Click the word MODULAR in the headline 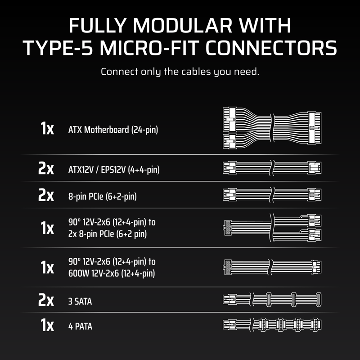(x=183, y=26)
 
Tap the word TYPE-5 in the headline (x=58, y=48)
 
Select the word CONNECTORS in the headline (x=271, y=48)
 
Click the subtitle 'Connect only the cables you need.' (x=180, y=72)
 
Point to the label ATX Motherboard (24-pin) (x=113, y=130)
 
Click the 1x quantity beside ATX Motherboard (x=47, y=128)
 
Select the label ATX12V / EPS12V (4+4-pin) (x=114, y=170)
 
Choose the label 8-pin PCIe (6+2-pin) (x=103, y=197)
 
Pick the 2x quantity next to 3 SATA (x=46, y=300)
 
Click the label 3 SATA (x=80, y=301)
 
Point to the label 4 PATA (x=80, y=326)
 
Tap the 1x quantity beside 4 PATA (x=47, y=325)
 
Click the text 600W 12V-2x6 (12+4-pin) (x=112, y=274)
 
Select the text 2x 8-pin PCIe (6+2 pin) (x=108, y=234)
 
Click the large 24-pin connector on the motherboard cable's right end (x=315, y=128)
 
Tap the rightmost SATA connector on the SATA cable (x=319, y=300)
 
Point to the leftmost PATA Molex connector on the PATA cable (x=263, y=324)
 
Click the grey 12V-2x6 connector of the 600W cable (x=228, y=267)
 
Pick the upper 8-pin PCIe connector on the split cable (x=315, y=220)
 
